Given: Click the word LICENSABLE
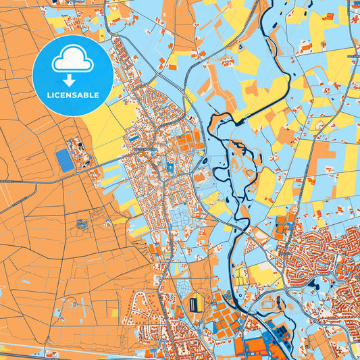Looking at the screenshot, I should [72, 95].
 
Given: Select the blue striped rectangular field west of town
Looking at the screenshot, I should [65, 160].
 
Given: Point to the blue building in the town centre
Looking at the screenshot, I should [170, 166].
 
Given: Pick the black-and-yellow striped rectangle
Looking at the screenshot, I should [195, 303].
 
